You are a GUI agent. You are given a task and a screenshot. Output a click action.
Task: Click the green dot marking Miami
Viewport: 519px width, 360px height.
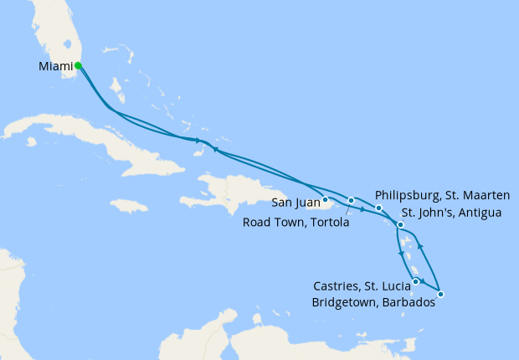pos(78,65)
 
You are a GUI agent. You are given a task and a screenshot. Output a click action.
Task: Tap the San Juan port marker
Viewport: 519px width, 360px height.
pos(325,199)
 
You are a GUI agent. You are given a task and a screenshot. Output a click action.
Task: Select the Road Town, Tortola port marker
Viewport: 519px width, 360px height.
pos(352,200)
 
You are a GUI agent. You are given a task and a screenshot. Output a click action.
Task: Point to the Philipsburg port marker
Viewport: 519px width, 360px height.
pos(378,208)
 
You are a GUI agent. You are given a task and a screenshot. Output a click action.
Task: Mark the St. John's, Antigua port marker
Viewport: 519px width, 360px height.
pos(400,224)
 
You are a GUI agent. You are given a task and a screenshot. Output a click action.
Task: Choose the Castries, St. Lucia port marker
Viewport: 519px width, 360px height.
pos(416,282)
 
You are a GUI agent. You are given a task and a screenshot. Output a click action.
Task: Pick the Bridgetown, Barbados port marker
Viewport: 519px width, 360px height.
pos(440,294)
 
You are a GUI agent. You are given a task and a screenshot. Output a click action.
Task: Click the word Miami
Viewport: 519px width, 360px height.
pos(55,66)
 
